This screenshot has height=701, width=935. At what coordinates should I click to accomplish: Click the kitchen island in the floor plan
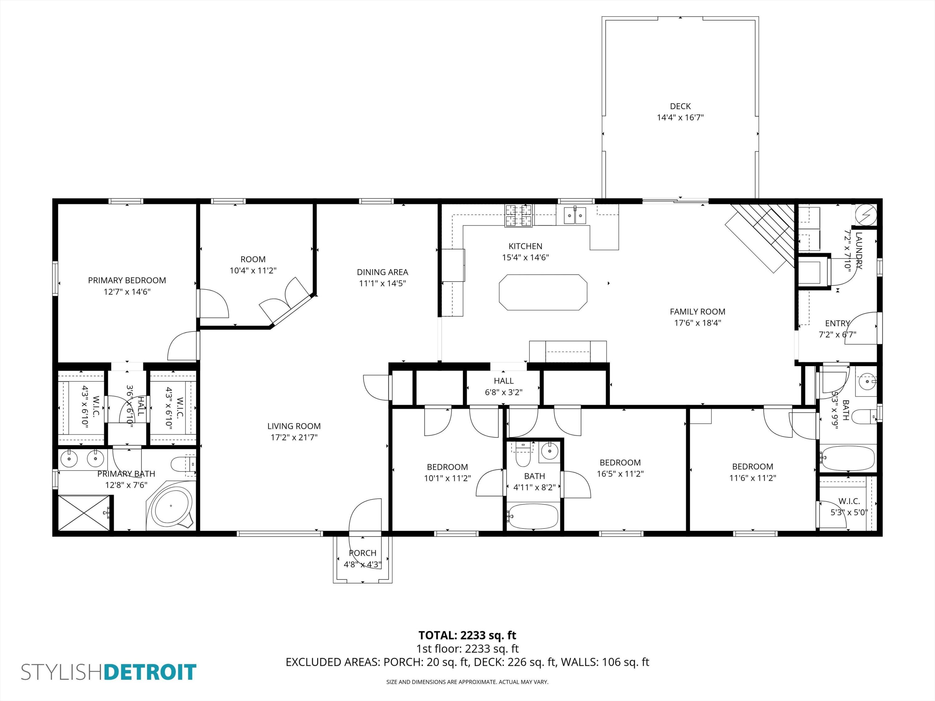pos(543,293)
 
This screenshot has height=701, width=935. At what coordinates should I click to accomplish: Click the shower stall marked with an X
pos(84,513)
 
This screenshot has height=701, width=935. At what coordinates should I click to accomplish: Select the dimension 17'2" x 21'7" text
pos(294,437)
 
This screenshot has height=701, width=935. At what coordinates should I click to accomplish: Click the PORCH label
pos(362,553)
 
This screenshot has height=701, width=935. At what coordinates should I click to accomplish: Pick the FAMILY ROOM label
pos(697,312)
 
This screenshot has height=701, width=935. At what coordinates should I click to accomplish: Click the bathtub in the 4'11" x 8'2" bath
pos(533,516)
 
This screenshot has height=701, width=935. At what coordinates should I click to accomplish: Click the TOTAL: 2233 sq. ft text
pos(467,635)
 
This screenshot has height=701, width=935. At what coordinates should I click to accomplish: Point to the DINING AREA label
pos(382,272)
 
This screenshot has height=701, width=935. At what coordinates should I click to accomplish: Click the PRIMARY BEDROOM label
pos(127,280)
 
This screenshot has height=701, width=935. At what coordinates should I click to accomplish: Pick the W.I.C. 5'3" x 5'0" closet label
pos(849,501)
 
